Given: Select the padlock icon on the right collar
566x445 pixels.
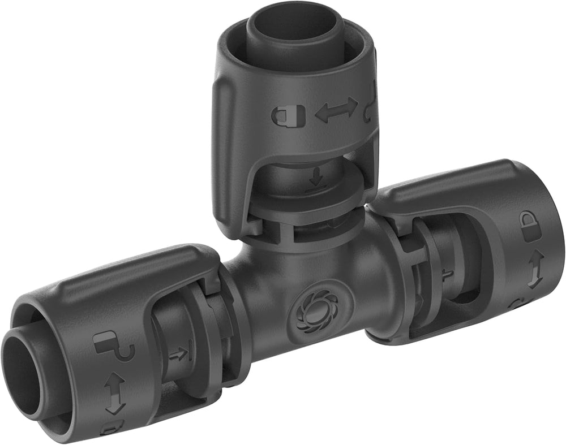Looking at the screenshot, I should tap(530, 226).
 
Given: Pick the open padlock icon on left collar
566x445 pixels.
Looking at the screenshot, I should tap(113, 346).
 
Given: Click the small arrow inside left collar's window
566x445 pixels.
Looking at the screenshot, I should tap(179, 355).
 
